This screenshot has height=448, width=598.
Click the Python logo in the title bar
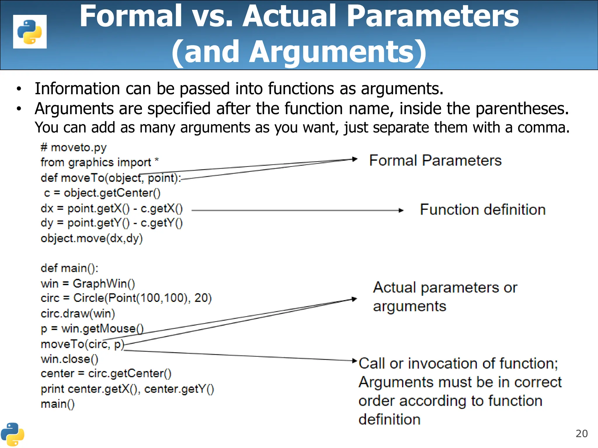pos(30,32)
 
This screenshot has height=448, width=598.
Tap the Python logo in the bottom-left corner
pos(12,434)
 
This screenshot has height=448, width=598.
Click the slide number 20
pos(581,434)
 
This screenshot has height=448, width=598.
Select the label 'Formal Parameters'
pos(435,161)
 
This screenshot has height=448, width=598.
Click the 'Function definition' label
pos(483,210)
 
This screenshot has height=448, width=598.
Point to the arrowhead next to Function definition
pos(401,210)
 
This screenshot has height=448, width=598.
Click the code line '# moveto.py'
pos(74,148)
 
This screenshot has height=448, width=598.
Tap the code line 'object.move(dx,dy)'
pos(92,239)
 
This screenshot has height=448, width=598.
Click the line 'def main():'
pos(69,268)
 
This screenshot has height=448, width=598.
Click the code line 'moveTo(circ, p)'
pos(83,344)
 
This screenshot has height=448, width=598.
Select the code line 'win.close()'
pos(69,359)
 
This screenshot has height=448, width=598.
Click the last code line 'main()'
pos(58,404)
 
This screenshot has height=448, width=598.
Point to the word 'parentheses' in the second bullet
pos(522,109)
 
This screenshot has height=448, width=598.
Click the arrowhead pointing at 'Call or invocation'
pos(355,361)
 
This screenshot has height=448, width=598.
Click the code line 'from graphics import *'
pos(99,162)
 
